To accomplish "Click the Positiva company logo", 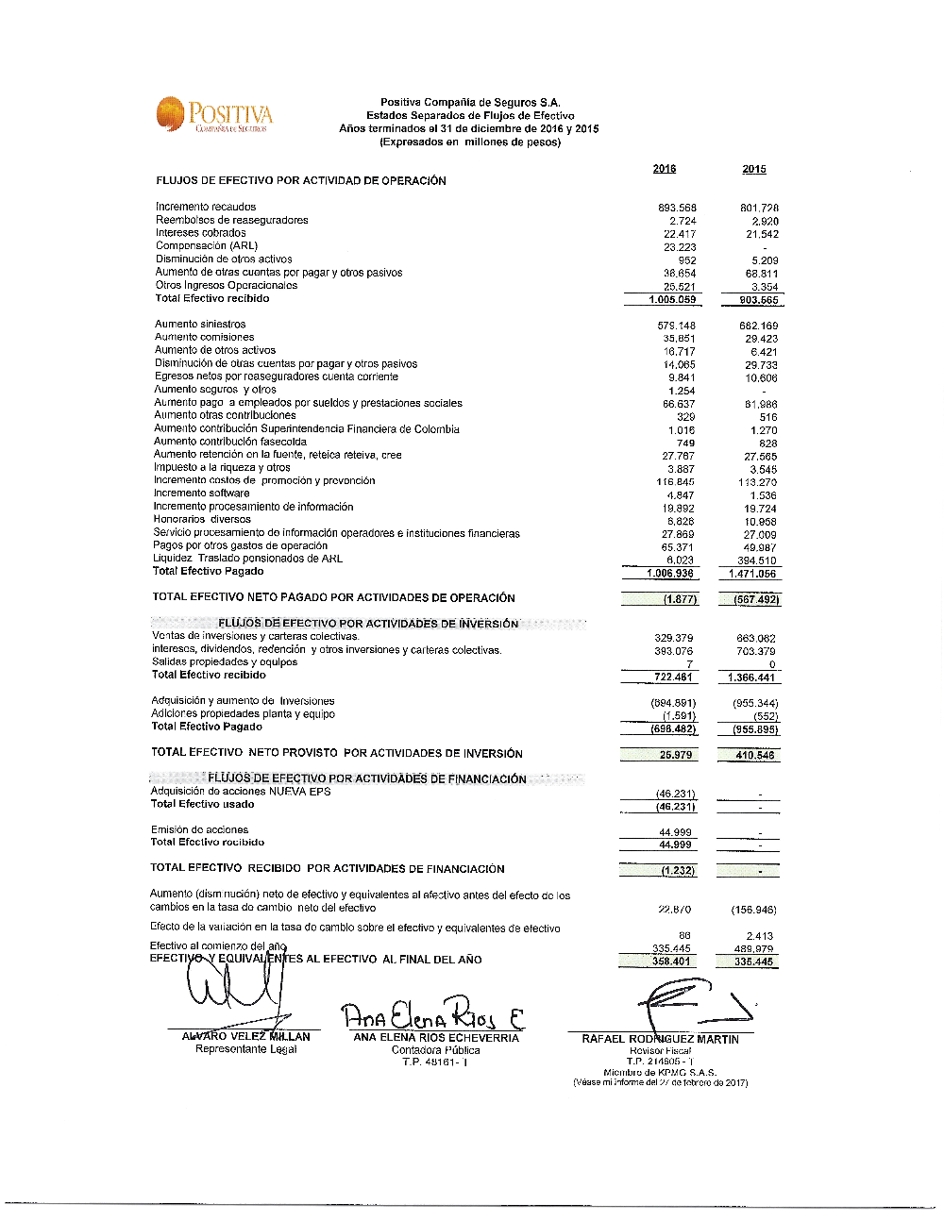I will [214, 115].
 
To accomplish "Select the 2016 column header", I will [664, 169].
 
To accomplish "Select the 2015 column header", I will [754, 170].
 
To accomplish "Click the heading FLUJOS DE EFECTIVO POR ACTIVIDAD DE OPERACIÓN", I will [301, 180].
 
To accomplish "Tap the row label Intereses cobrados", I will [200, 233].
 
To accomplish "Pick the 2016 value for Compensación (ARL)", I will [680, 247].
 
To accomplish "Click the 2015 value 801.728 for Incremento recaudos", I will [759, 208].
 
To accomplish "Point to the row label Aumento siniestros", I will [200, 325].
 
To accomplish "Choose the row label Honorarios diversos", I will [202, 519].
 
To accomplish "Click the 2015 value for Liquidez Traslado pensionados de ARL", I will [757, 560].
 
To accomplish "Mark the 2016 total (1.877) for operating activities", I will [679, 599].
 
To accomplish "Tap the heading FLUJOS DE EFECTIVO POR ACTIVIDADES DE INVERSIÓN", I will [368, 624].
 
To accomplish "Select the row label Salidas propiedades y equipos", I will [225, 662].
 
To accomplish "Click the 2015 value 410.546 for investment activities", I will [755, 755].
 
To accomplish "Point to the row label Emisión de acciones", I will [200, 830].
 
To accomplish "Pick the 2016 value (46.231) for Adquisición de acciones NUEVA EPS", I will [675, 794].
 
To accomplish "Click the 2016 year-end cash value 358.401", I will [671, 962].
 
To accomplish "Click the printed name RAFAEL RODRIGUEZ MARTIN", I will [660, 1039].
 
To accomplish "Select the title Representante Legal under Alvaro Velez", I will [245, 1049].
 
